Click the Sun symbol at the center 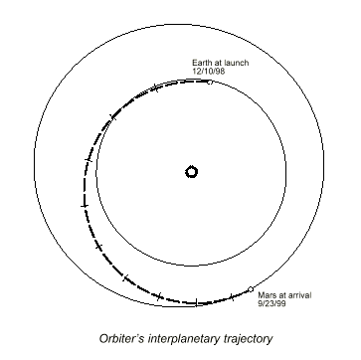191,172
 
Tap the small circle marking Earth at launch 210,82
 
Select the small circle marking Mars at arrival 251,289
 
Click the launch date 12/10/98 209,72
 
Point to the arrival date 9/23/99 271,303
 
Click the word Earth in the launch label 201,63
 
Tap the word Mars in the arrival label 266,295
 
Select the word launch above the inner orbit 236,63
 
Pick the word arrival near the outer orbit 299,295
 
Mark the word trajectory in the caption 247,339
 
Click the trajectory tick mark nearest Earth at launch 156,89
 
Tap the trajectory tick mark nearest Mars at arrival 232,297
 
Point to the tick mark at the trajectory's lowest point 196,302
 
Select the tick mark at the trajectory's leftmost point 85,206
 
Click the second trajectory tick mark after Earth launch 113,116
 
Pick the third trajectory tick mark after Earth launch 89,160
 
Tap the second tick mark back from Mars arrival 196,302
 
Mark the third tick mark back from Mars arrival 159,295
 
